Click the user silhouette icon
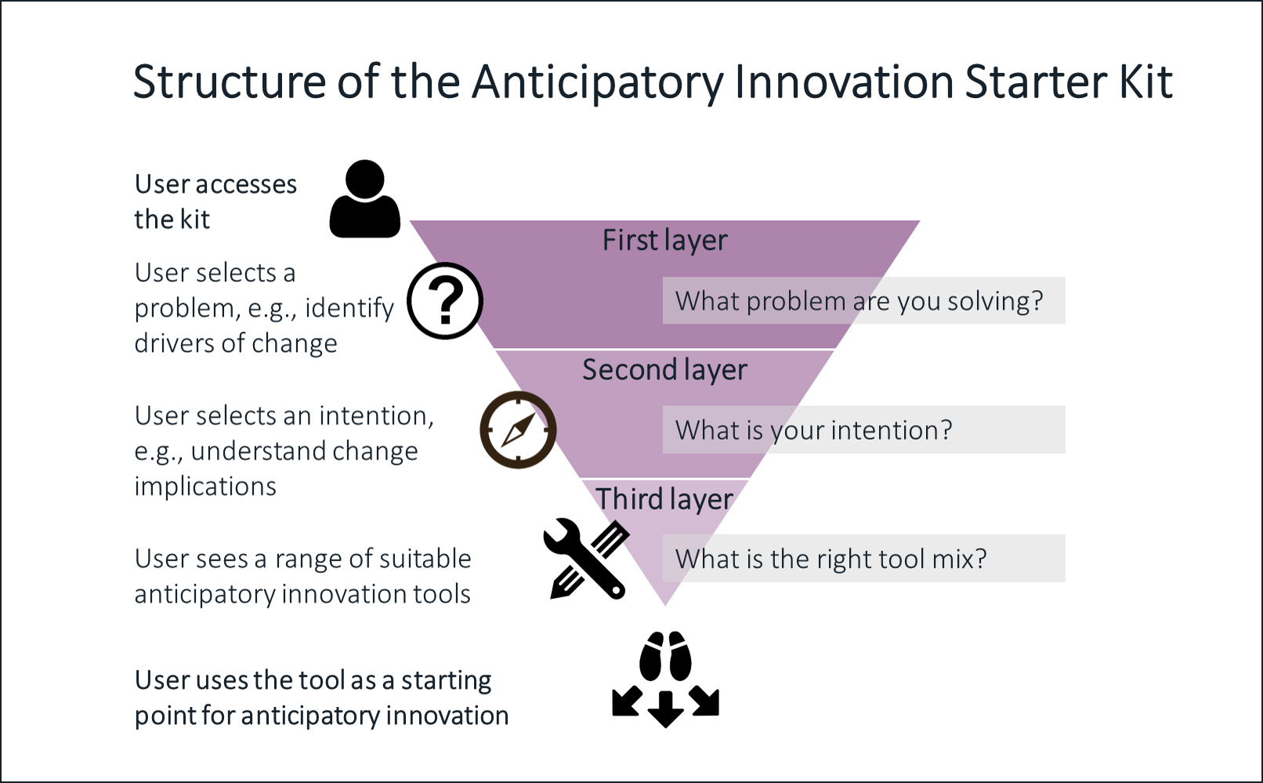[365, 198]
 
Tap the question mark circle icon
[445, 301]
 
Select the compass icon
[518, 430]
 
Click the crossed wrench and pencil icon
[586, 559]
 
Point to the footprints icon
[665, 656]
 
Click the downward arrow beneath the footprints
[665, 709]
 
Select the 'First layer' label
[664, 241]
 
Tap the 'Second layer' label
[664, 370]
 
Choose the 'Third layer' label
[664, 499]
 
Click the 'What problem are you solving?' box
[863, 301]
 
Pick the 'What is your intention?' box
[863, 430]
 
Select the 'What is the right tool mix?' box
[863, 559]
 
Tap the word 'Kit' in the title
[1145, 82]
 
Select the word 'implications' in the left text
[205, 486]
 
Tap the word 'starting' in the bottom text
[446, 681]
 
